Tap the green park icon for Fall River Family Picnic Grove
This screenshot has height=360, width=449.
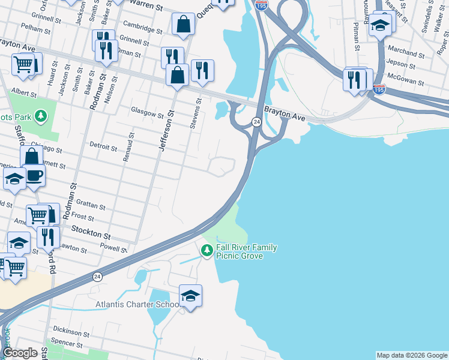[x=207, y=250]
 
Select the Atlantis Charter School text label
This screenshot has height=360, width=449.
[x=138, y=305]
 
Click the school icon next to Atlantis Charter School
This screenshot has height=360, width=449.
[x=190, y=295]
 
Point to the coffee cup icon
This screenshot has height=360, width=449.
[x=34, y=176]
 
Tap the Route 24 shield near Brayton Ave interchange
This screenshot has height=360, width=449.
[x=256, y=122]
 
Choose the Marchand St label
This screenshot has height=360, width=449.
[x=406, y=52]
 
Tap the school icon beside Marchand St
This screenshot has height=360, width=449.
[x=381, y=25]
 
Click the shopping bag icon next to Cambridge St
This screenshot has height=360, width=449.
[x=183, y=25]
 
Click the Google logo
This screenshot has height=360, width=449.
[x=20, y=353]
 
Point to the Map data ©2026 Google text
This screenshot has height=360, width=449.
[x=412, y=355]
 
